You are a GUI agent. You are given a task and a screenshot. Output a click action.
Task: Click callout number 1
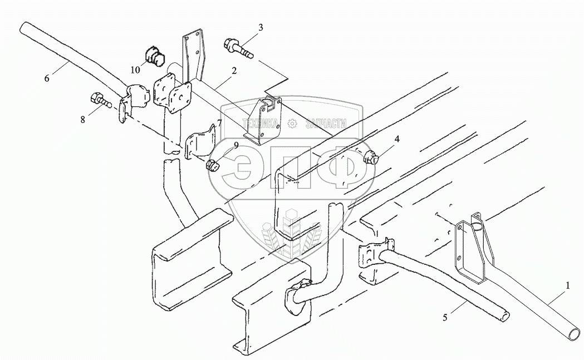tap(567, 286)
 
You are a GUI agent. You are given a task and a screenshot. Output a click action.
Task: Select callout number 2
tap(234, 71)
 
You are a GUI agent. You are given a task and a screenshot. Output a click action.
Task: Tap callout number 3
tap(261, 27)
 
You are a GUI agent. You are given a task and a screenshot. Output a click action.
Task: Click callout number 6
tap(47, 78)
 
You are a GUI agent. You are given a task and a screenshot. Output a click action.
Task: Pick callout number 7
tap(220, 123)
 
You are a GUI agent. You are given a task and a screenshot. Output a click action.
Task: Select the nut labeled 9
tap(212, 165)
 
